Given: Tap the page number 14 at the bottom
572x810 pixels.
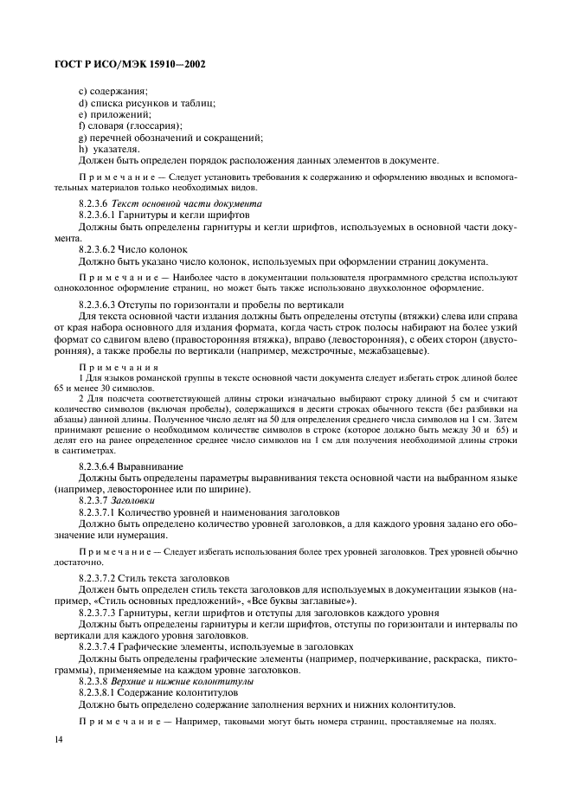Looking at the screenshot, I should point(59,738).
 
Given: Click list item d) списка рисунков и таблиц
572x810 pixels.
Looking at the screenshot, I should point(146,103).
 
